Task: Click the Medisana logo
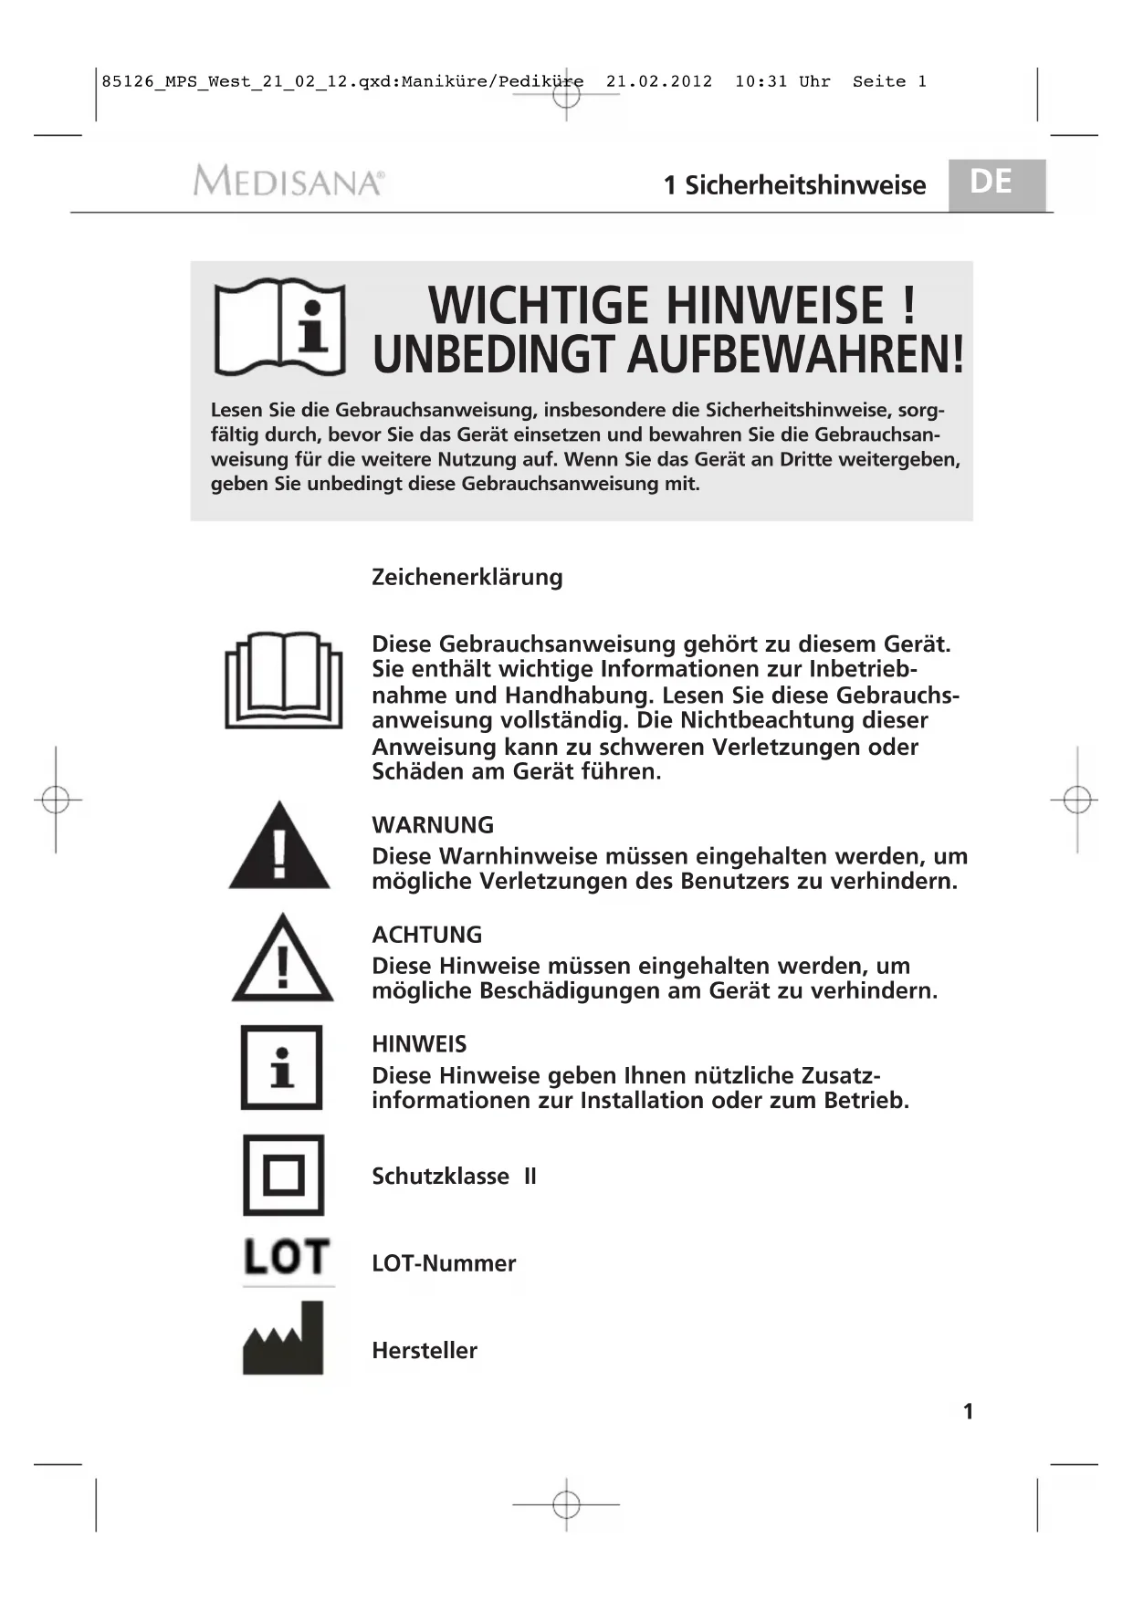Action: [288, 181]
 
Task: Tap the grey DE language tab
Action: [995, 183]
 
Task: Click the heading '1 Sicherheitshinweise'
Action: [794, 185]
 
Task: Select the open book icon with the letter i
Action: [279, 327]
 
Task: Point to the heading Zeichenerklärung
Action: [467, 577]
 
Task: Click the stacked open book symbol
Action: [284, 680]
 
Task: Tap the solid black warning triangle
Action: [279, 847]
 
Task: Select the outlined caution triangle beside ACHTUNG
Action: [282, 958]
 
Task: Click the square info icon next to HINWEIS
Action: [281, 1067]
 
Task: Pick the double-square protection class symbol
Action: [283, 1175]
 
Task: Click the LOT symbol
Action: [286, 1258]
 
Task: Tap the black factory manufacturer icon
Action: [283, 1339]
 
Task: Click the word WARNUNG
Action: [433, 825]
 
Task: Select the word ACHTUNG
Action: [426, 935]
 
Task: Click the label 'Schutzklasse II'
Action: [454, 1176]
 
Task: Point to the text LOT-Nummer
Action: [444, 1263]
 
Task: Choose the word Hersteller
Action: [425, 1350]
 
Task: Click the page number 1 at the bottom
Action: [968, 1411]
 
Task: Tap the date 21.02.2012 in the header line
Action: [659, 81]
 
